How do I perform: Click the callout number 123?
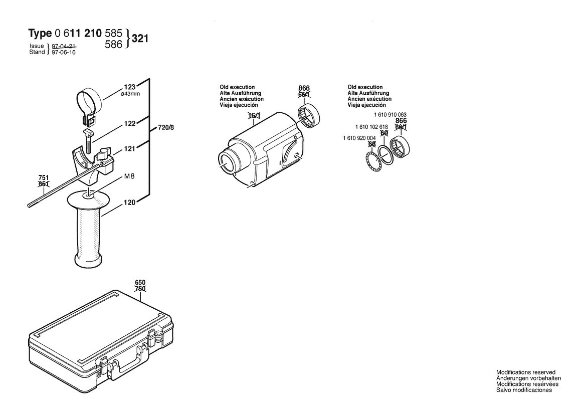click(x=130, y=87)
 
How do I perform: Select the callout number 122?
click(x=130, y=123)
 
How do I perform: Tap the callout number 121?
click(x=129, y=149)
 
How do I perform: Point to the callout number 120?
click(x=130, y=202)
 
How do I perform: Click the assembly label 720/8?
click(x=166, y=128)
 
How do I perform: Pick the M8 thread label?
click(x=129, y=176)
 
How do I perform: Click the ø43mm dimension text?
click(x=130, y=94)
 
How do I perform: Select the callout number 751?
click(x=44, y=178)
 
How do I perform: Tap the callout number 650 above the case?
click(x=140, y=283)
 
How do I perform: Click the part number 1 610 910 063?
click(x=390, y=115)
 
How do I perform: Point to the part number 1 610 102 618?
click(x=371, y=127)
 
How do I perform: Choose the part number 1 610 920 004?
click(x=359, y=138)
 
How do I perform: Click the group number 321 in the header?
click(x=140, y=39)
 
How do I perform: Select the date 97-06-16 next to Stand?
click(x=64, y=52)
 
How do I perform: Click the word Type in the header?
click(x=40, y=34)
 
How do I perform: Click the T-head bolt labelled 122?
click(x=88, y=141)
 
